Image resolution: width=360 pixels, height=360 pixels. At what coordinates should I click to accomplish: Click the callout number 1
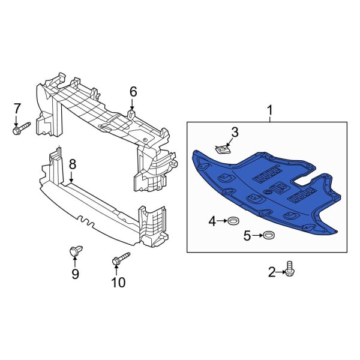[x=269, y=110]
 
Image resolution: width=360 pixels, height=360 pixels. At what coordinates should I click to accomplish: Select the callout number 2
[x=272, y=273]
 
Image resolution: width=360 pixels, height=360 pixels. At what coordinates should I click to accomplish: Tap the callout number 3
[x=235, y=132]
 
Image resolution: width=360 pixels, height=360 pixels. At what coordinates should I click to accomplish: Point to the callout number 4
[x=212, y=222]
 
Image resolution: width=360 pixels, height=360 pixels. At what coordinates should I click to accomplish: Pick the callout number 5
[x=247, y=235]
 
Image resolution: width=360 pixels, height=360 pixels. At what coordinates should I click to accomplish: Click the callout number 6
[x=133, y=91]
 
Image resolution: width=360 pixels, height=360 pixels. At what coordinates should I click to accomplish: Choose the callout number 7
[x=17, y=109]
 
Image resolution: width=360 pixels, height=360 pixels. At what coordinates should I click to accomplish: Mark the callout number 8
[x=72, y=163]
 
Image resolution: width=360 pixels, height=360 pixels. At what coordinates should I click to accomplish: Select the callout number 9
[x=76, y=274]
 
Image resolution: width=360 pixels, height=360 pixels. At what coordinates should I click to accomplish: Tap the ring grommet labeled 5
[x=269, y=235]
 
